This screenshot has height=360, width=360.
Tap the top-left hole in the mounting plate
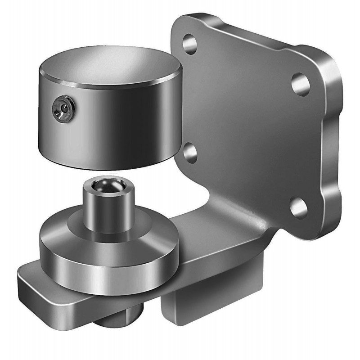189,44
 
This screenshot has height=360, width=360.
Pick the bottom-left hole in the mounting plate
191,153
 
